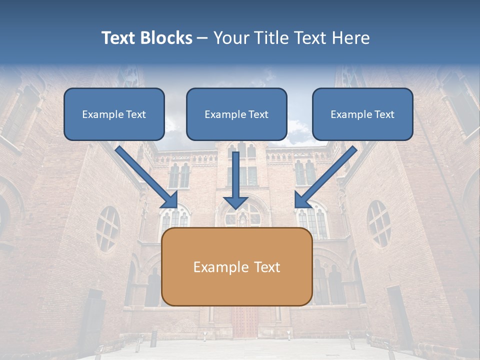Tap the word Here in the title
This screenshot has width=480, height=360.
tap(350, 38)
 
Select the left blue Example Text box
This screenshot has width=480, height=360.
tap(114, 114)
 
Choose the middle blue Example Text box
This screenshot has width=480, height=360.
tap(236, 114)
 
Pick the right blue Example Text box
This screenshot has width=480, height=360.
tap(362, 114)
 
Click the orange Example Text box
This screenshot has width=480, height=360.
tap(237, 267)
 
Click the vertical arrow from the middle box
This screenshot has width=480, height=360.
tap(235, 175)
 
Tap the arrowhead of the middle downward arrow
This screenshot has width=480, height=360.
tap(235, 202)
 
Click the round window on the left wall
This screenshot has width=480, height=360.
tap(107, 229)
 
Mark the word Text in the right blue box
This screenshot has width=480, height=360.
tap(383, 114)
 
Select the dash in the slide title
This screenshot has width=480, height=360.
tap(203, 38)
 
